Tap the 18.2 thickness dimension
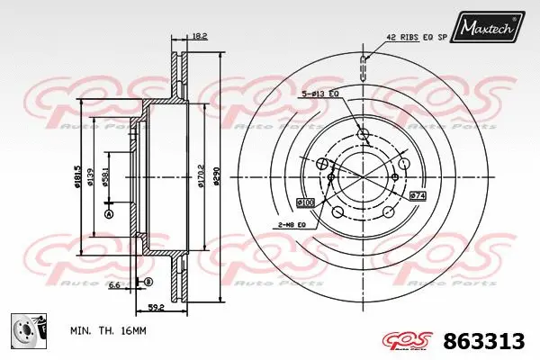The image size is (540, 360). [200, 36]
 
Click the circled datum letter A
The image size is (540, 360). [110, 214]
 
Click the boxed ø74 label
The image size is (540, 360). [417, 194]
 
